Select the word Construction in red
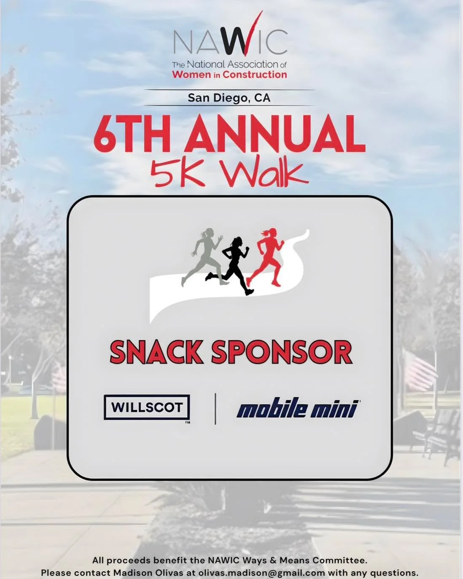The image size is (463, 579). click(255, 75)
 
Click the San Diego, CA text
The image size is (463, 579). click(229, 98)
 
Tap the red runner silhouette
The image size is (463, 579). click(269, 256)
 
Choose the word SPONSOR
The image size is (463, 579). click(281, 352)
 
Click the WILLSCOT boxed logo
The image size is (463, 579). click(147, 407)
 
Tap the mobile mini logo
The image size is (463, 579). click(297, 408)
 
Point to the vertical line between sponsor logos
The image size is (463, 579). click(215, 408)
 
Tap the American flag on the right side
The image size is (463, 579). click(419, 369)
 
